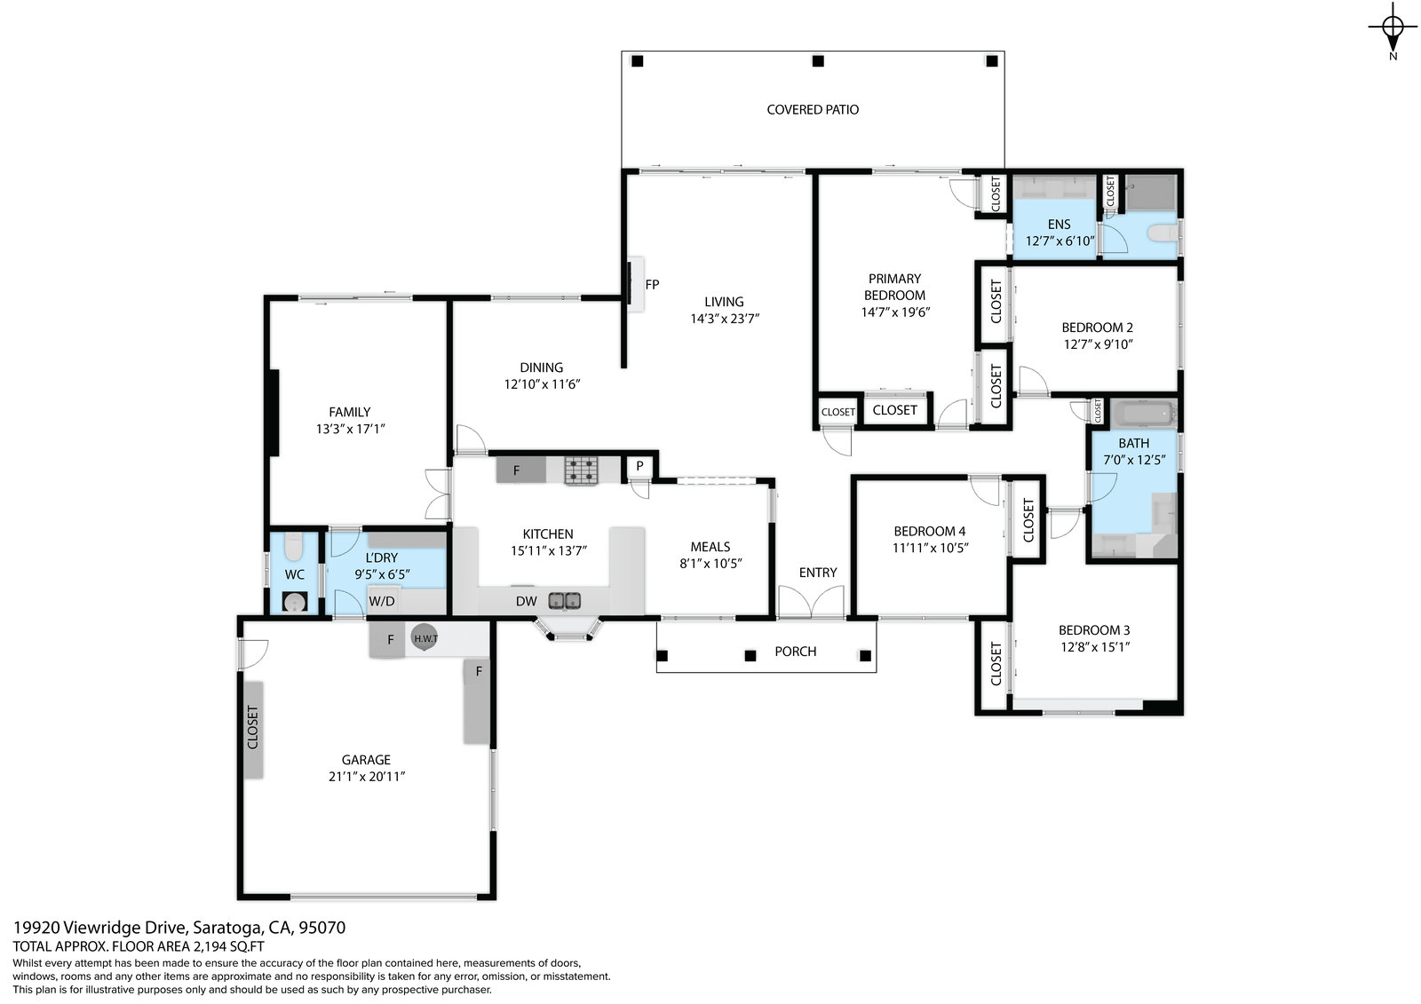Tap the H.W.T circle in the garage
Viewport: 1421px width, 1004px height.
click(425, 637)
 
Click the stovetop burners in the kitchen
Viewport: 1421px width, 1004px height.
click(581, 470)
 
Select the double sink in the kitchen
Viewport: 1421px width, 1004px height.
click(564, 600)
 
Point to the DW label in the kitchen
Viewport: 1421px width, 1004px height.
click(526, 601)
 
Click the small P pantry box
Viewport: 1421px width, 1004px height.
click(639, 466)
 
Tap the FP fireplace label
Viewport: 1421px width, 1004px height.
click(652, 285)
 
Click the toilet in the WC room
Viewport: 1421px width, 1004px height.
click(293, 547)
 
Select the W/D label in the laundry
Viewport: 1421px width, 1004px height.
click(381, 601)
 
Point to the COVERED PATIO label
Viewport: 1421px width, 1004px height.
click(813, 110)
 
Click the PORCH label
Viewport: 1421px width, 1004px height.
click(795, 652)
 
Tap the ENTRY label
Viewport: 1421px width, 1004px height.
click(818, 573)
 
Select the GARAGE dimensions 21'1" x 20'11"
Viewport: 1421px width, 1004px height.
click(367, 777)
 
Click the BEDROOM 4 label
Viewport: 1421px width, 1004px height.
click(929, 531)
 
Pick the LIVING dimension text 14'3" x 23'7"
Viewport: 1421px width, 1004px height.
click(725, 319)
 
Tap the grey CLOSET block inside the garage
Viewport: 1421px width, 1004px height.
click(254, 730)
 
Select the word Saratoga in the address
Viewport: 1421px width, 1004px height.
click(227, 928)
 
